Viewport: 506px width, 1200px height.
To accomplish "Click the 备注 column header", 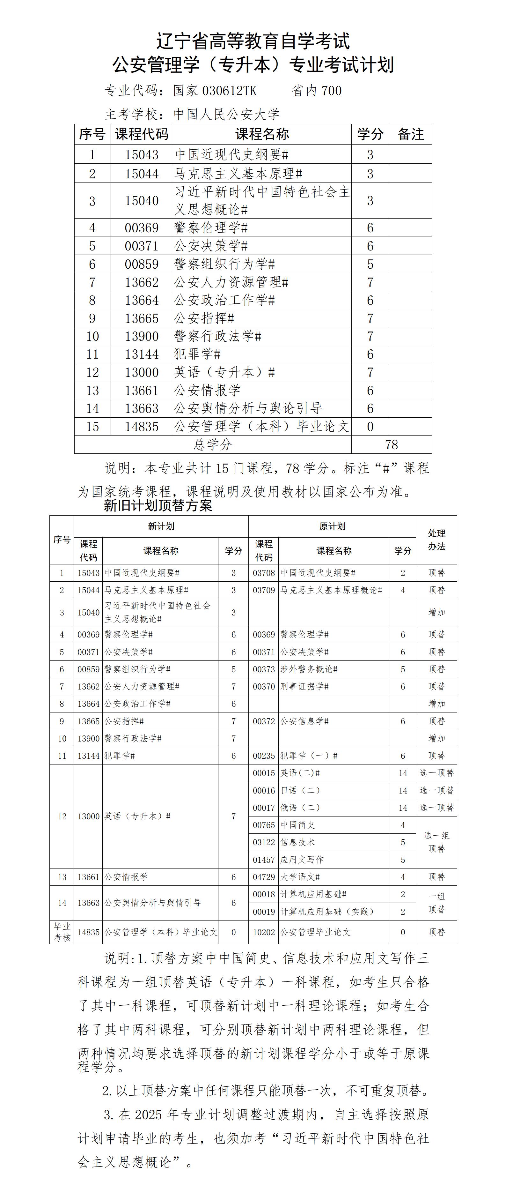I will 411,134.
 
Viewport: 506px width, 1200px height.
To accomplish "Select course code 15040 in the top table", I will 142,201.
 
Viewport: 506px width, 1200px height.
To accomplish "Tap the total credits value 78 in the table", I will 392,444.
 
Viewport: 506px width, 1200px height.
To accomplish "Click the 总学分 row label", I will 213,444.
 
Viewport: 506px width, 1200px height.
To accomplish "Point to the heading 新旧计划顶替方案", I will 158,505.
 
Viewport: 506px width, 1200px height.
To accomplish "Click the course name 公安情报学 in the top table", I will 208,390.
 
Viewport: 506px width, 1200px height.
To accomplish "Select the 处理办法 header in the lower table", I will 436,540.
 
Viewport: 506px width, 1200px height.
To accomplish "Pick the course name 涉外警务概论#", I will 309,669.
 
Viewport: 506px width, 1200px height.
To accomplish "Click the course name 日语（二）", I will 300,790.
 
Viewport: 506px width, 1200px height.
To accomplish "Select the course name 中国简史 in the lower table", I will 297,824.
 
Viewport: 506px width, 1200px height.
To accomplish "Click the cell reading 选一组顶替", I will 436,842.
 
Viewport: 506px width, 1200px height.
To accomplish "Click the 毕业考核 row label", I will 62,932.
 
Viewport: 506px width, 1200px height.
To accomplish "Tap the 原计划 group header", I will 332,526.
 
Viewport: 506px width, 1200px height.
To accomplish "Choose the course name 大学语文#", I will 300,877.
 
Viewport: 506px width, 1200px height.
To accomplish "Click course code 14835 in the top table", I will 142,426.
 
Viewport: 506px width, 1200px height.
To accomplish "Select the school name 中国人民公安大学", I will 227,114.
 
